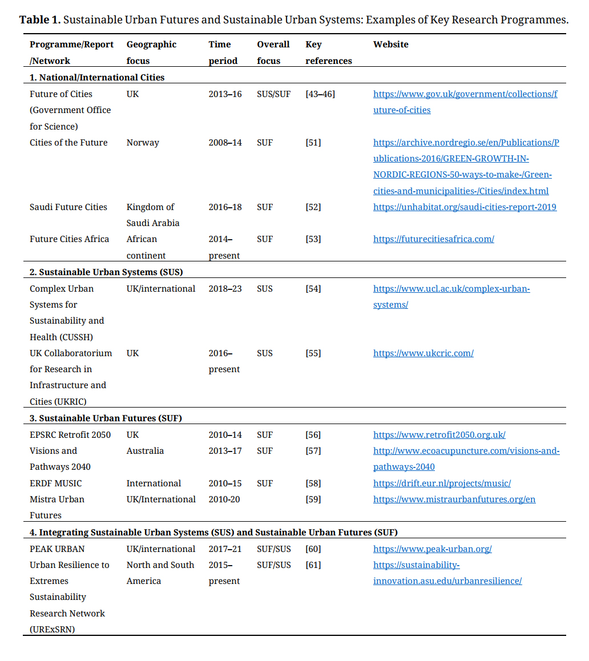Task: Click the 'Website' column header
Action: point(390,45)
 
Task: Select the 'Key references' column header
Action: point(328,53)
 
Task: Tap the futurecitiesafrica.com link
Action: point(433,239)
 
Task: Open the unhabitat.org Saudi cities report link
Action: point(465,207)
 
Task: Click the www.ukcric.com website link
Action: point(423,353)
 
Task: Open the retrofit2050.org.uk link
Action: point(439,435)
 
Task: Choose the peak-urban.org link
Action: point(432,549)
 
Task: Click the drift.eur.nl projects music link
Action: point(442,483)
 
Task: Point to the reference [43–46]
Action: point(320,94)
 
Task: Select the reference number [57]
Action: point(313,451)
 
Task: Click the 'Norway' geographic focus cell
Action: point(143,143)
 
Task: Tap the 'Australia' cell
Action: point(145,451)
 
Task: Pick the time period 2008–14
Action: point(225,143)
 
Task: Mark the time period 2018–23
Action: point(225,289)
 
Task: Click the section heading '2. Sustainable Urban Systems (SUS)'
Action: point(106,272)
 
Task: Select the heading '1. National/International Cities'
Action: point(97,77)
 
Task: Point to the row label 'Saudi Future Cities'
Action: point(68,207)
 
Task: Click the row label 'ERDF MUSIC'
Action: point(56,483)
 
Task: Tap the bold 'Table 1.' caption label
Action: point(39,20)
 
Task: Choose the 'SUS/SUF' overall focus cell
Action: point(273,94)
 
